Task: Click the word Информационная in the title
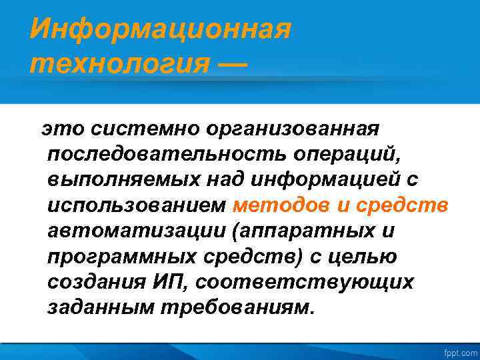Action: click(161, 29)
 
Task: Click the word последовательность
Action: click(166, 154)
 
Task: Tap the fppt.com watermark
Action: click(461, 351)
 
